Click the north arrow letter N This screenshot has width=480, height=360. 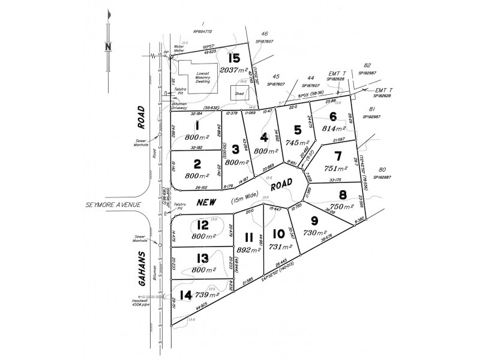click(x=108, y=47)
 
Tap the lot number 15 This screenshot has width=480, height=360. click(x=233, y=58)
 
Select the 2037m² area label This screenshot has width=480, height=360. click(x=233, y=70)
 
